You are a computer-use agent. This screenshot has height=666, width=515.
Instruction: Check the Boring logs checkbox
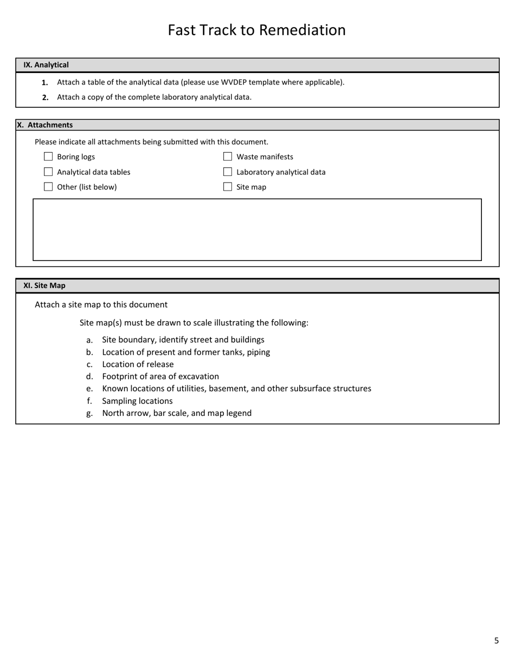48,156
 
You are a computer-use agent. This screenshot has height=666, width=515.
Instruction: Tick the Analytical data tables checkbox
48,172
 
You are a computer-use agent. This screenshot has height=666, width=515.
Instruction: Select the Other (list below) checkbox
48,187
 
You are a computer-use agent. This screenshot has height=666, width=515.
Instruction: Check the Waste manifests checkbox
228,156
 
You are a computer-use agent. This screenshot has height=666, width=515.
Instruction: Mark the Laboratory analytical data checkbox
228,172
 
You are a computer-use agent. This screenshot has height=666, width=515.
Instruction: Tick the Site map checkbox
228,187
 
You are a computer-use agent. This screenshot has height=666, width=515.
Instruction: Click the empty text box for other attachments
257,230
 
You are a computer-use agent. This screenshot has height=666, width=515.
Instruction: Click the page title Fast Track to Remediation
256,30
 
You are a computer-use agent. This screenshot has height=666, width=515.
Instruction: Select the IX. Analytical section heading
46,65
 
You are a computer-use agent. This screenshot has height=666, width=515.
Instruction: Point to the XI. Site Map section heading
44,285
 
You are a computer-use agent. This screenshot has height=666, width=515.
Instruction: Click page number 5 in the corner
496,641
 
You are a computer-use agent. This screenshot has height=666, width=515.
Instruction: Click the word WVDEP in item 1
233,82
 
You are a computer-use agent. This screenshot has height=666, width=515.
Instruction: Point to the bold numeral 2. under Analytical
46,97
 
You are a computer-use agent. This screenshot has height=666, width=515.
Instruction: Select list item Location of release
138,364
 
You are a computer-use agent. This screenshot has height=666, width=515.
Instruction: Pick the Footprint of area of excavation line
160,376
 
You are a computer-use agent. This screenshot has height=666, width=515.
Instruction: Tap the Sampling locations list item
137,401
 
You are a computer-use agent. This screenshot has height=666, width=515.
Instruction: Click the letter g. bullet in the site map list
89,413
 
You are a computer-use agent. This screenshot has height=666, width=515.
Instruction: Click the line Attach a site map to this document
101,304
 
